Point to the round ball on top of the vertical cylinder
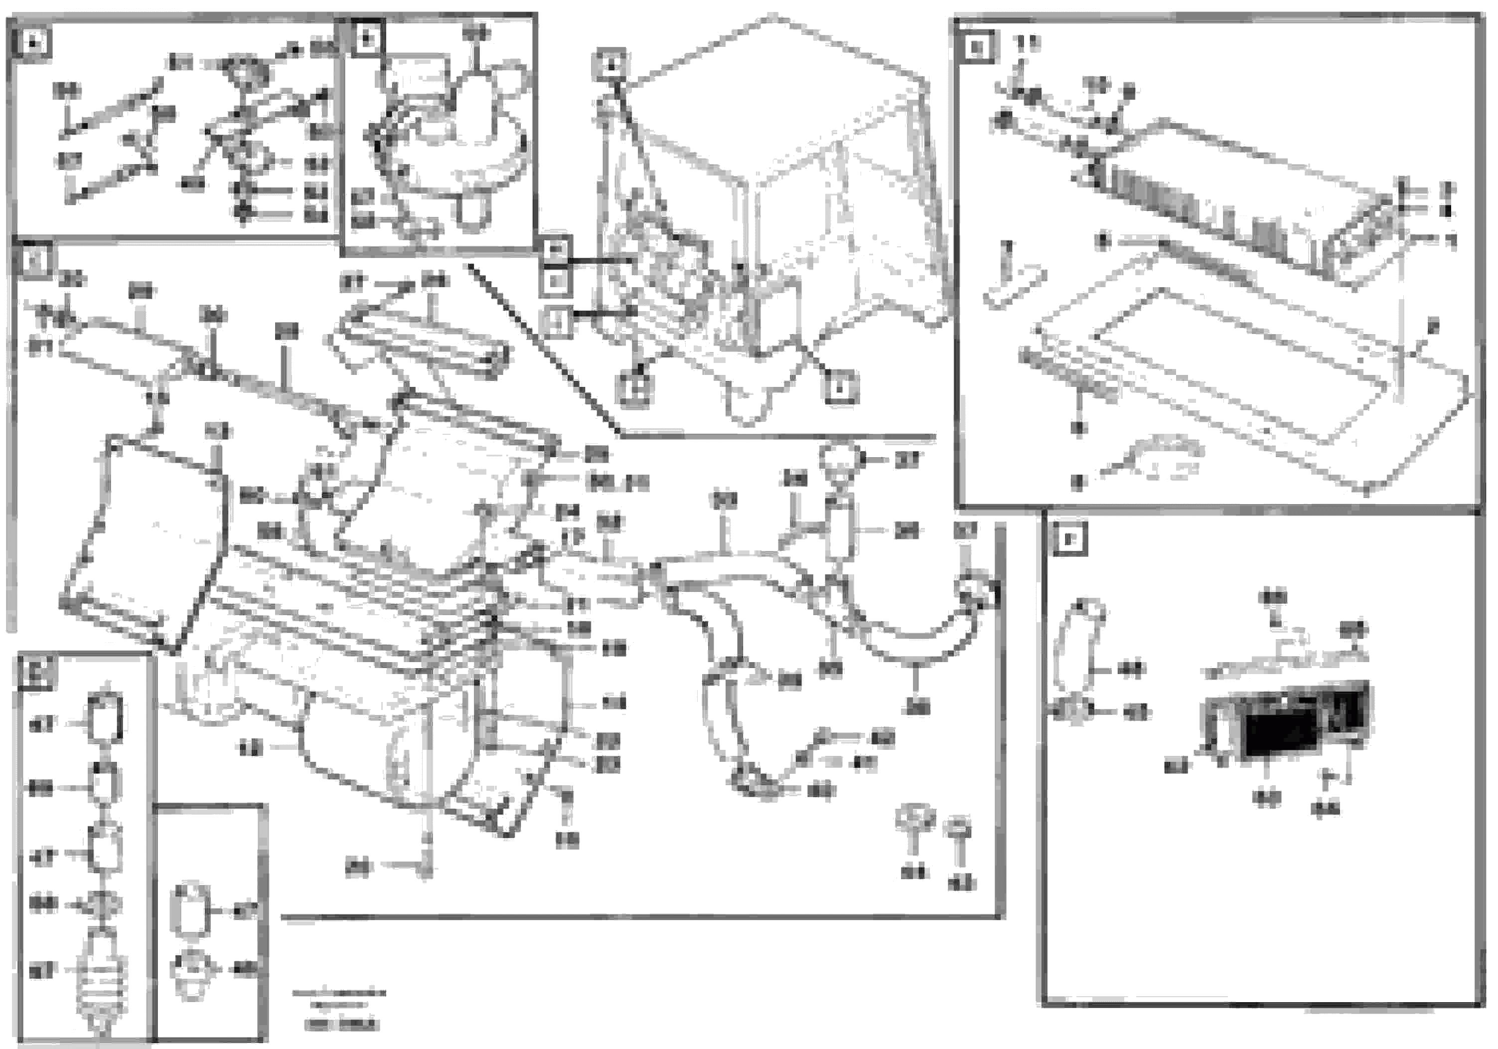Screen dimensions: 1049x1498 (840, 461)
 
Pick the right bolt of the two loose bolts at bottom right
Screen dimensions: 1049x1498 (958, 832)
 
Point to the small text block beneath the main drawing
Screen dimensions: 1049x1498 (339, 1009)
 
